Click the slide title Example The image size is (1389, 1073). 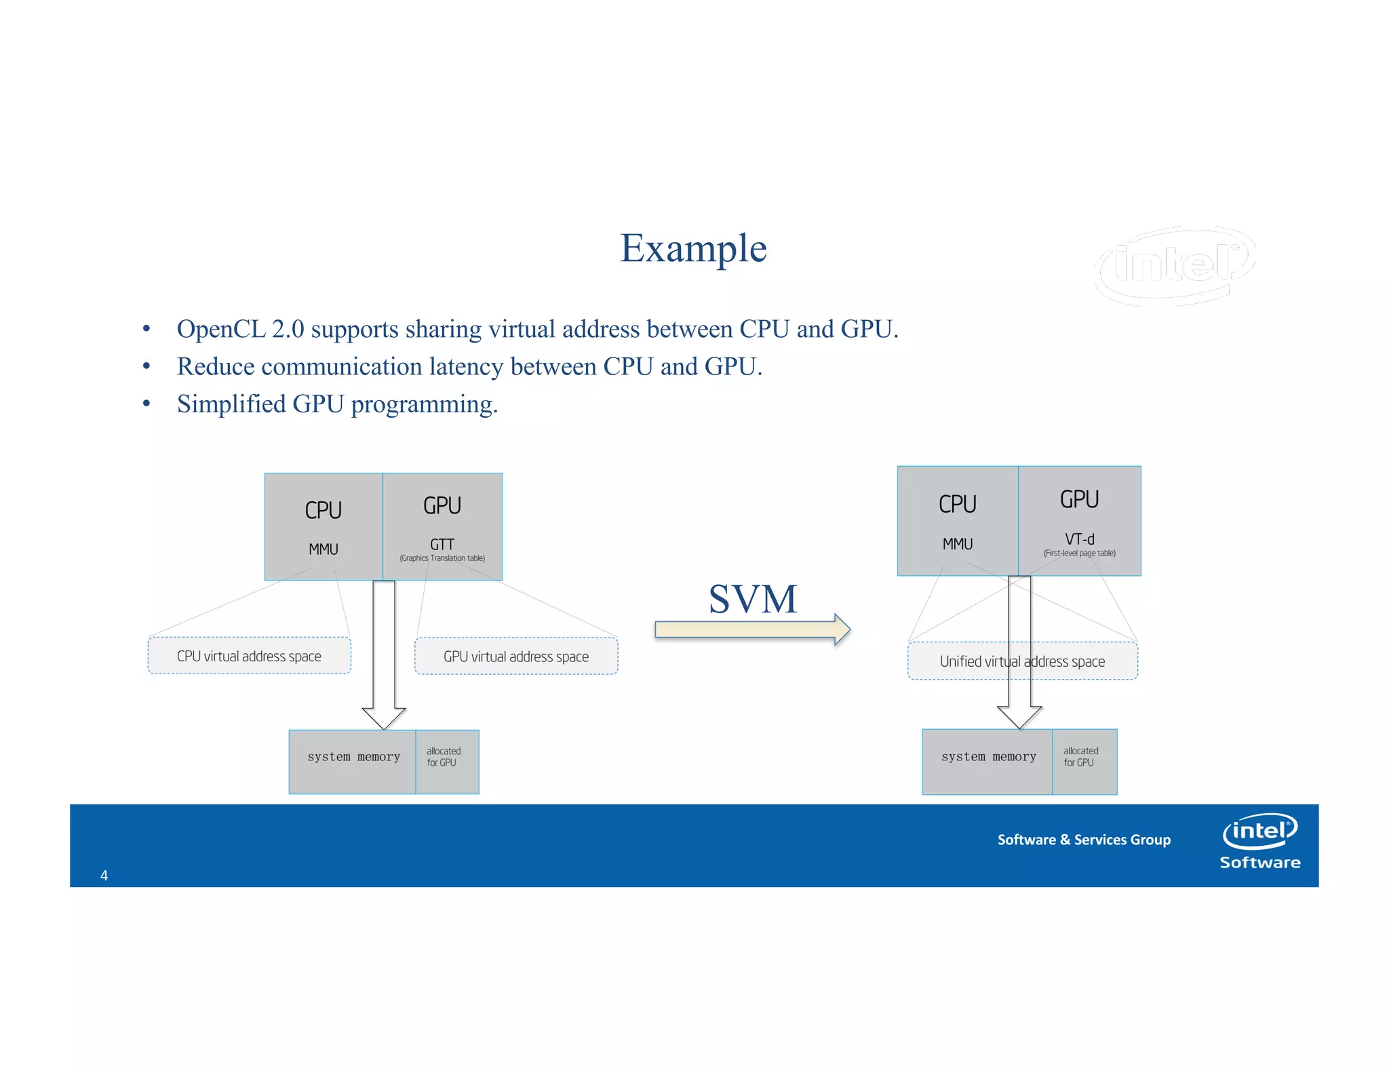coord(693,248)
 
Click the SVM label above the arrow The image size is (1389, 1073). coord(752,599)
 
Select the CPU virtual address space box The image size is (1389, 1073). coord(249,656)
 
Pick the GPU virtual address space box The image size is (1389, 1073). coord(516,657)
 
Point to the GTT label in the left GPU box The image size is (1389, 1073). coord(442,544)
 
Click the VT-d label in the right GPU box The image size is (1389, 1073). coord(1079,539)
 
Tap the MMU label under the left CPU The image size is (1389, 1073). coord(324,549)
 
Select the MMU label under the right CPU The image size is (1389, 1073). coord(957,544)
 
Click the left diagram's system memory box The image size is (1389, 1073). coord(353,762)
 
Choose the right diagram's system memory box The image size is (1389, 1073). coord(987,762)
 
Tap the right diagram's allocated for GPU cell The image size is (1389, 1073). coord(1083,762)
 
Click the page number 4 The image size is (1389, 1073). coord(104,876)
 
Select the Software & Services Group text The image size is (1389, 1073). coord(1083,840)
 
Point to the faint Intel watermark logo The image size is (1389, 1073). coord(1176,265)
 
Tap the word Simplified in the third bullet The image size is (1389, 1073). coord(231,404)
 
